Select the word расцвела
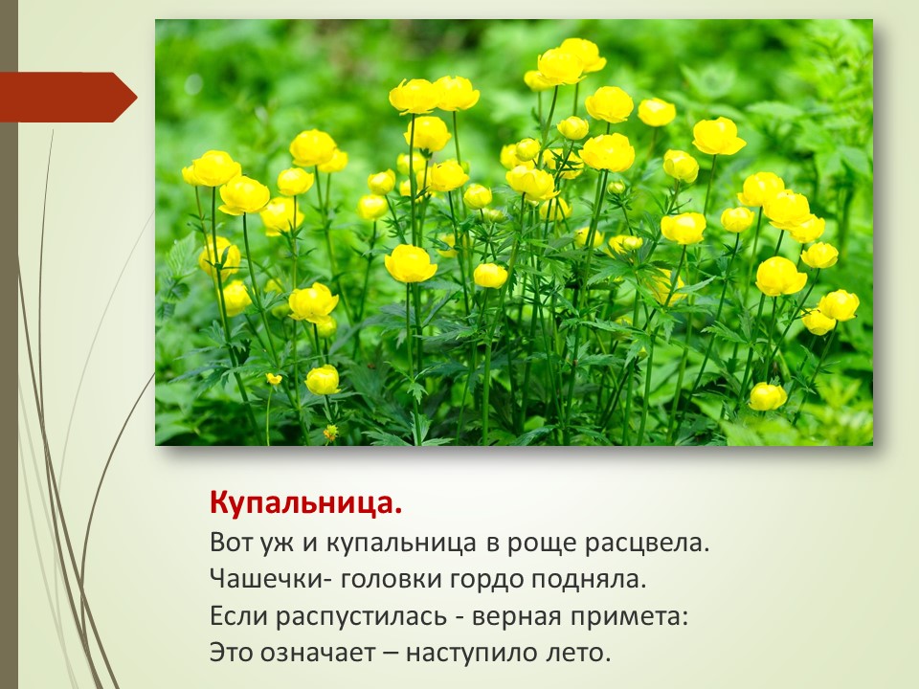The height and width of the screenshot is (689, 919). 648,544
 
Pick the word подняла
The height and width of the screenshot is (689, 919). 589,580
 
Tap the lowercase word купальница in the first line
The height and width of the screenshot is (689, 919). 401,545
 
